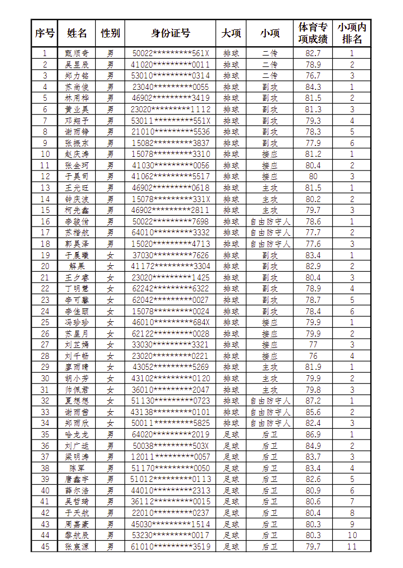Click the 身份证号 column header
pyautogui.click(x=170, y=33)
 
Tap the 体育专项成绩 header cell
pyautogui.click(x=313, y=33)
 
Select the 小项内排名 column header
pyautogui.click(x=352, y=33)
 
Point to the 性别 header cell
pyautogui.click(x=110, y=33)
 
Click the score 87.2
pyautogui.click(x=313, y=401)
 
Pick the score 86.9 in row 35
pyautogui.click(x=313, y=435)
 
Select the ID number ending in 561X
pyautogui.click(x=170, y=53)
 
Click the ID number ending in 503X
pyautogui.click(x=170, y=445)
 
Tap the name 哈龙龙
pyautogui.click(x=77, y=435)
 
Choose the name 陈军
pyautogui.click(x=77, y=468)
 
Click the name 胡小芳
pyautogui.click(x=77, y=378)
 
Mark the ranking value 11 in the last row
pyautogui.click(x=352, y=546)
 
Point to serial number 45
pyautogui.click(x=45, y=546)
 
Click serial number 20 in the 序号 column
pyautogui.click(x=45, y=266)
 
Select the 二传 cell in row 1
pyautogui.click(x=270, y=53)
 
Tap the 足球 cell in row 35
pyautogui.click(x=231, y=435)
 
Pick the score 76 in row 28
pyautogui.click(x=313, y=356)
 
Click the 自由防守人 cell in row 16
pyautogui.click(x=270, y=222)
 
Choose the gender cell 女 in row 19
pyautogui.click(x=110, y=255)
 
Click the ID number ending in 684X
pyautogui.click(x=170, y=322)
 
